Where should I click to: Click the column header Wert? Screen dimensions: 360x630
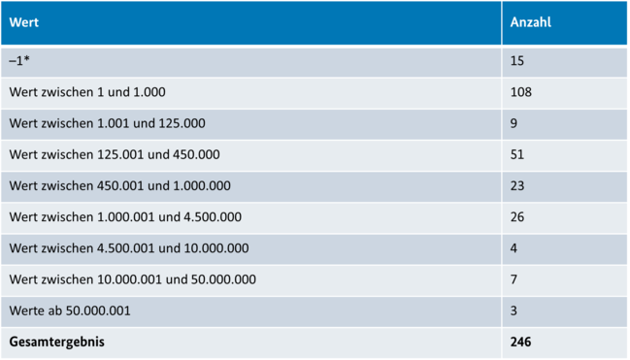coord(25,22)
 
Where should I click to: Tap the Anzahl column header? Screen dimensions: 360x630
coord(531,22)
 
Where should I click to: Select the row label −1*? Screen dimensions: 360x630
coord(19,61)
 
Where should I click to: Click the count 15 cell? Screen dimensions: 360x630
coord(517,61)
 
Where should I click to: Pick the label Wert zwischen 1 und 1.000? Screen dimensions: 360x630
coord(87,92)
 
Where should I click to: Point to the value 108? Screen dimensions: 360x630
coord(521,92)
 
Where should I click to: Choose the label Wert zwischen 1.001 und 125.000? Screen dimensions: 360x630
coord(107,123)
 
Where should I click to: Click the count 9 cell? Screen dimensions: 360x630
coord(514,123)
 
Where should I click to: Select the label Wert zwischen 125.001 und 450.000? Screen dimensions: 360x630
coord(115,154)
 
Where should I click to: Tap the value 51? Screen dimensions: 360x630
coord(517,154)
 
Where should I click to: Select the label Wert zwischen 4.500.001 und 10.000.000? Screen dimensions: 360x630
coord(129,247)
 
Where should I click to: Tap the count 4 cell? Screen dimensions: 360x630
coord(514,247)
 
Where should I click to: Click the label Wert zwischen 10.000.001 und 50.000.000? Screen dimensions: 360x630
coord(133,279)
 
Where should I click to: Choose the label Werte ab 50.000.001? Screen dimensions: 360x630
coord(70,311)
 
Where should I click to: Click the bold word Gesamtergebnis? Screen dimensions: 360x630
coord(56,342)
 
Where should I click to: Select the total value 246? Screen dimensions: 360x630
coord(521,342)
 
